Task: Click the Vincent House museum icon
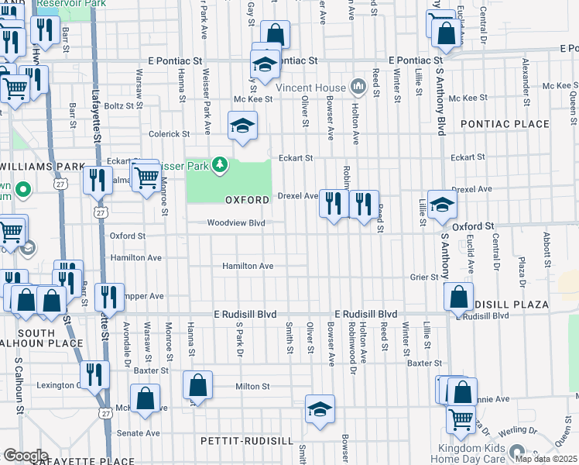(x=358, y=84)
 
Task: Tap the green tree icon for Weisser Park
(x=221, y=164)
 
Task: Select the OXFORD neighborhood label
(x=247, y=200)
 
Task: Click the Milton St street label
(x=253, y=386)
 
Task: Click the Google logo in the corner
(x=25, y=456)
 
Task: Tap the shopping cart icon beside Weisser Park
(x=146, y=177)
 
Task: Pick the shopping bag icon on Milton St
(x=197, y=385)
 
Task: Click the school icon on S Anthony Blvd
(x=441, y=204)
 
